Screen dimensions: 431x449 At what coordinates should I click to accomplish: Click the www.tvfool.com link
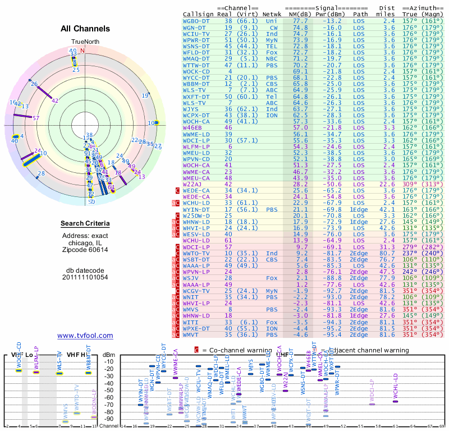[x=85, y=336]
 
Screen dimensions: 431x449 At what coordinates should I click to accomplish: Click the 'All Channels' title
[x=85, y=29]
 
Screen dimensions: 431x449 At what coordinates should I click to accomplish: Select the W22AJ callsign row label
[x=192, y=184]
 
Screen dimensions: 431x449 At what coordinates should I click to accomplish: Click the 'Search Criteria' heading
[x=85, y=224]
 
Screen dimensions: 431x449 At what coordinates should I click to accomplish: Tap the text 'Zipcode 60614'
[x=85, y=250]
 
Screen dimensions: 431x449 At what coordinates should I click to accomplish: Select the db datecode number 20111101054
[x=85, y=277]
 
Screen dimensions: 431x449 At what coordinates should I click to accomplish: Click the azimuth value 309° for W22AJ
[x=410, y=184]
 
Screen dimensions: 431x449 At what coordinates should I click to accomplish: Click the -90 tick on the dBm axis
[x=109, y=419]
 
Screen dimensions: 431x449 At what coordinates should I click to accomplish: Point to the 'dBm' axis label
[x=108, y=355]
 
